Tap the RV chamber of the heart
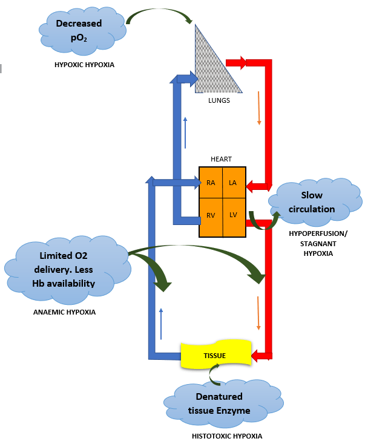(x=211, y=215)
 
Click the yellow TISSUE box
(x=215, y=355)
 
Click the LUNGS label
(x=218, y=100)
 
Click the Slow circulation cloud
(x=319, y=203)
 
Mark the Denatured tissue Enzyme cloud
(x=219, y=403)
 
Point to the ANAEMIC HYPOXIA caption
(x=64, y=312)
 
